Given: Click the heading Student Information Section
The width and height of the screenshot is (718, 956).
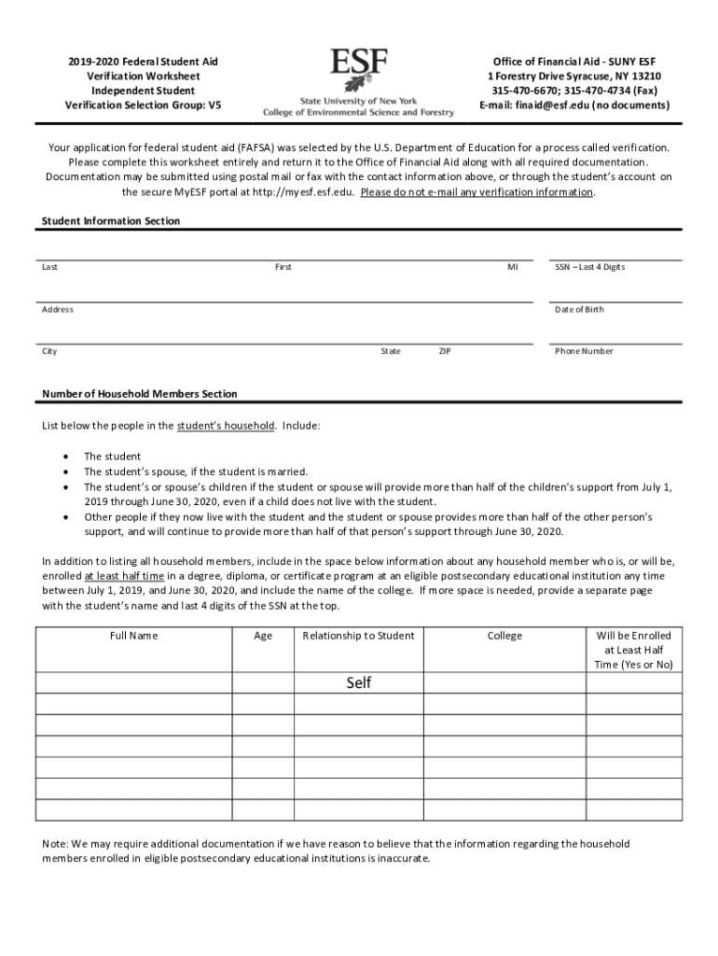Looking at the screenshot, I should tap(111, 221).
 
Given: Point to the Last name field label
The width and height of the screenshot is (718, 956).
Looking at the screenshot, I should tap(49, 267).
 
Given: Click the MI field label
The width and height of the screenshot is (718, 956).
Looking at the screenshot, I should tap(512, 267).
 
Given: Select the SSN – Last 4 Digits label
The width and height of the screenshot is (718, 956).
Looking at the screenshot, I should tap(589, 267).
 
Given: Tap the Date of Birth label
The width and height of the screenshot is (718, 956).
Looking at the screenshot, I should tap(579, 309).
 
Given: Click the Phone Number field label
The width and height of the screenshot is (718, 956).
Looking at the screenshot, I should tap(584, 351).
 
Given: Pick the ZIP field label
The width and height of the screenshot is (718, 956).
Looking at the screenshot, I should tap(445, 351).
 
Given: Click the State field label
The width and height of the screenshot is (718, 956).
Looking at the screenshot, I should tap(391, 351).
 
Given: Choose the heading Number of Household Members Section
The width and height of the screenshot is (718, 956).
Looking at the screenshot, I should tap(140, 394).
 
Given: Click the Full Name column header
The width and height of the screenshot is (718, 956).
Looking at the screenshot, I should tap(133, 636).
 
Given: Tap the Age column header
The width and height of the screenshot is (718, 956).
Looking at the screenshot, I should tap(263, 636).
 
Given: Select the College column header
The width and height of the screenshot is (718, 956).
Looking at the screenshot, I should tap(504, 636).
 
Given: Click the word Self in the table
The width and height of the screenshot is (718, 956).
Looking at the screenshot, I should tap(359, 682).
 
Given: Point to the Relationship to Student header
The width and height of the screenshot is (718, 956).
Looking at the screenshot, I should tap(359, 636).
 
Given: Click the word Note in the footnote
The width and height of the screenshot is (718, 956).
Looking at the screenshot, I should tap(55, 843).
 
